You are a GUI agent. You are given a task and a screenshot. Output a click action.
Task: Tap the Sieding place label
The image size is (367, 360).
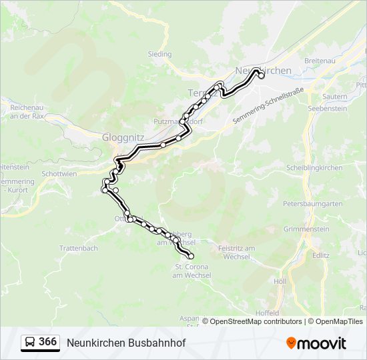click(x=159, y=54)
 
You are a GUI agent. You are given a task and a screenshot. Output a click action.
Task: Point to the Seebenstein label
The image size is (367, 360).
click(x=328, y=107)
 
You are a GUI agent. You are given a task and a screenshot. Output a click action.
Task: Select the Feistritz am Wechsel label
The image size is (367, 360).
click(x=237, y=252)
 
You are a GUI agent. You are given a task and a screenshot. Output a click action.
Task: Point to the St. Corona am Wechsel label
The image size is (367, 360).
click(x=191, y=271)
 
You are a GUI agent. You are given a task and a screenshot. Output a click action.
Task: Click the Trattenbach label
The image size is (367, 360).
click(x=79, y=248)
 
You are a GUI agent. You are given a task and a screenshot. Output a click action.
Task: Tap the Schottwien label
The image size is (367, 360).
click(x=59, y=173)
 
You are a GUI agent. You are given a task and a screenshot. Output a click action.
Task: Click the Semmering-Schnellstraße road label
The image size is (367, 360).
click(x=268, y=105)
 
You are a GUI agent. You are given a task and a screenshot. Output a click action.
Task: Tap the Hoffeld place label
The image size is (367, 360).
click(x=267, y=312)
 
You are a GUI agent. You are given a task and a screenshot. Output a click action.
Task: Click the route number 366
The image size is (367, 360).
click(x=47, y=342)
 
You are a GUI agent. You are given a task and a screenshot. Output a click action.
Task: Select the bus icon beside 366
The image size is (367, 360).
click(x=30, y=343)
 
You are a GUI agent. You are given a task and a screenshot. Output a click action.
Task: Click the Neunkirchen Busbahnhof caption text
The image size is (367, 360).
click(x=126, y=343)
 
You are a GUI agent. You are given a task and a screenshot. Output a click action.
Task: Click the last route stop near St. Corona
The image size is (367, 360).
click(x=192, y=256)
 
